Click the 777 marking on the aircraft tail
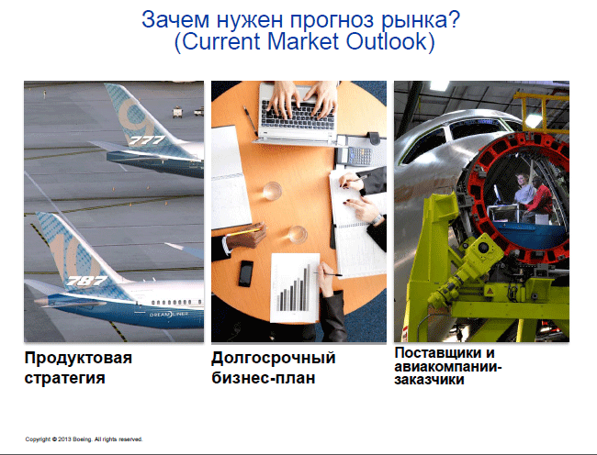[x=147, y=140]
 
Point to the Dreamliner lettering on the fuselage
[x=168, y=315]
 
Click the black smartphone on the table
[x=245, y=273]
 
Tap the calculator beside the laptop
[x=355, y=154]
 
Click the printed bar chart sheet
[x=295, y=288]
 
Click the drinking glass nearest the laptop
[x=272, y=191]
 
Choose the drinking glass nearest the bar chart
[x=298, y=235]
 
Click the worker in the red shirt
[x=538, y=198]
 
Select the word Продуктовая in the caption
[x=78, y=359]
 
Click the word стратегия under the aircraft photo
[x=64, y=379]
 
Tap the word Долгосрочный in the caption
[x=274, y=359]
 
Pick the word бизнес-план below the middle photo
[x=264, y=378]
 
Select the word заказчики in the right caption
[x=430, y=380]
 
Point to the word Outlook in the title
[x=390, y=41]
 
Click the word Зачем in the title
[x=175, y=19]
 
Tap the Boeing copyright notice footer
[x=84, y=439]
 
